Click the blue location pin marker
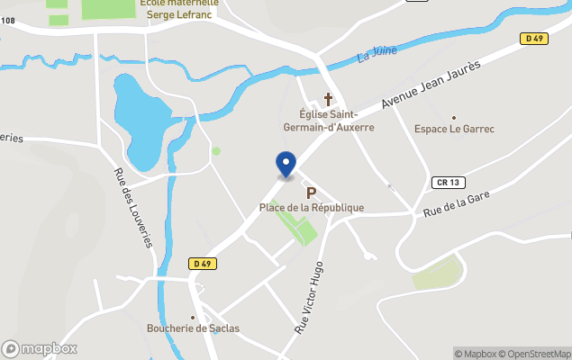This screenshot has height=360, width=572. coord(286,164)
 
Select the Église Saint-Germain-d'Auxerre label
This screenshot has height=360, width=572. coord(329,121)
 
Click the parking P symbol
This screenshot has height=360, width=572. coord(312,193)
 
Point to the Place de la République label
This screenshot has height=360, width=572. coord(312,208)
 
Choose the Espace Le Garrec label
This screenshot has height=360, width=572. coord(454,129)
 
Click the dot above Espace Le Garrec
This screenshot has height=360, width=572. coord(454,117)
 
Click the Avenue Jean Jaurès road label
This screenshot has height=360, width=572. coord(431,85)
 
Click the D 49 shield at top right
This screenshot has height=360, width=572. coord(534,38)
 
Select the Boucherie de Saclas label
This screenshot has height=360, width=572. coord(193,328)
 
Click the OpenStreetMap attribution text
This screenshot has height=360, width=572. coord(536,354)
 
